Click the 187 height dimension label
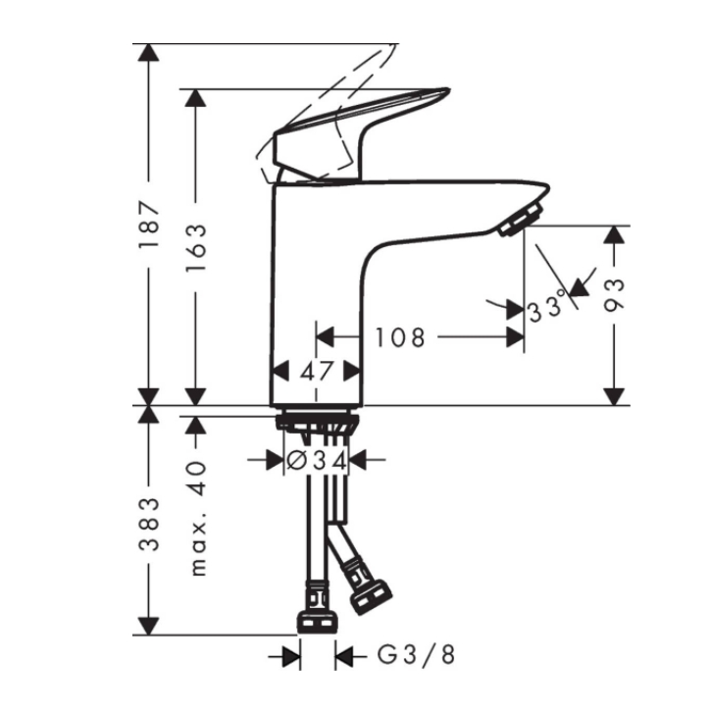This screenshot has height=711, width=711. coord(149,225)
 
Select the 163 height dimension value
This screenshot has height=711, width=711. coord(196,247)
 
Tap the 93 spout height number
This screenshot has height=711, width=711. coord(614,295)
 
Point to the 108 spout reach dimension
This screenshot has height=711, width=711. coord(400,337)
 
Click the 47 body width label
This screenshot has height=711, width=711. coord(317,372)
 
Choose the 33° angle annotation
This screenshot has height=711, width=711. coord(547,306)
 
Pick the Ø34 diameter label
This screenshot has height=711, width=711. coord(317,461)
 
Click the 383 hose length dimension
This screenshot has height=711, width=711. coord(149,525)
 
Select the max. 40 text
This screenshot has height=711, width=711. coord(198,519)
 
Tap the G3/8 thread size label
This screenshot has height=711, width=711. coord(416,655)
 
